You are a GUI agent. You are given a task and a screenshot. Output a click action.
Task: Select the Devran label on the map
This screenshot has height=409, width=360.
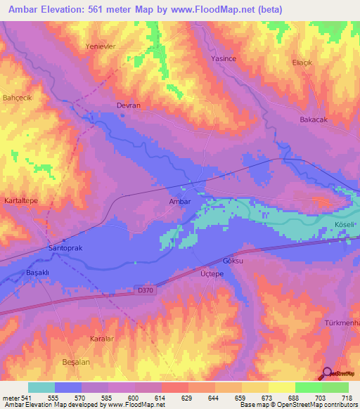pyautogui.click(x=128, y=105)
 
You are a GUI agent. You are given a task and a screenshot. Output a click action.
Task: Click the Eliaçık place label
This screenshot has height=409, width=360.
pyautogui.click(x=302, y=63)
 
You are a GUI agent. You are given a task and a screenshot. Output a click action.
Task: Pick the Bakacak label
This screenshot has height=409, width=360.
pyautogui.click(x=314, y=120)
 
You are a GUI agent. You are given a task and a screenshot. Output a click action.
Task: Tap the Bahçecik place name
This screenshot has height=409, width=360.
pyautogui.click(x=18, y=97)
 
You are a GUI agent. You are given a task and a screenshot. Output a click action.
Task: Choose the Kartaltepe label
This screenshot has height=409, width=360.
pyautogui.click(x=20, y=201)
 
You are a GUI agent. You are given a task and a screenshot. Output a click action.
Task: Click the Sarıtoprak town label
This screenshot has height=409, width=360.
pyautogui.click(x=65, y=249)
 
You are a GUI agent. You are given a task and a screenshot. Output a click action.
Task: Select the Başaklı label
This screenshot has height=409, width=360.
pyautogui.click(x=38, y=271)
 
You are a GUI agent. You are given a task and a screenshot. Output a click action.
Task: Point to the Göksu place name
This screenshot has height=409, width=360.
pyautogui.click(x=232, y=260)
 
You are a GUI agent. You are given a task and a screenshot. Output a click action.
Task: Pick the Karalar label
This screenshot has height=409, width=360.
pyautogui.click(x=103, y=338)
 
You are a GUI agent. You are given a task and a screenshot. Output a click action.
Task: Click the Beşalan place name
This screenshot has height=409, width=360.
pyautogui.click(x=77, y=361)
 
